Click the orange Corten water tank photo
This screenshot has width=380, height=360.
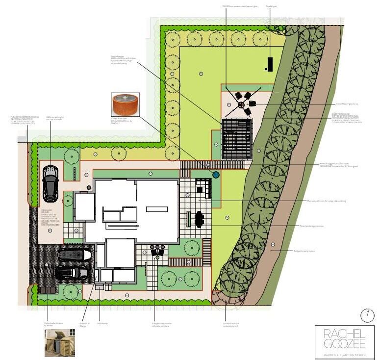click(x=125, y=104)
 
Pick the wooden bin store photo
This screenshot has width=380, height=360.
click(x=59, y=342)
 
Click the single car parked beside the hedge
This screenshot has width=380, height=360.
click(x=50, y=183)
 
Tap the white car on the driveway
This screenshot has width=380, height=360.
click(x=75, y=255)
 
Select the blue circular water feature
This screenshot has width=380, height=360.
click(x=216, y=174)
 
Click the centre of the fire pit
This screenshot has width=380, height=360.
click(x=241, y=104)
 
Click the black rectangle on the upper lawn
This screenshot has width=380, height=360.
click(x=270, y=64)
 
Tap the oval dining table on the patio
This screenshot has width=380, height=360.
click(x=200, y=219)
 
